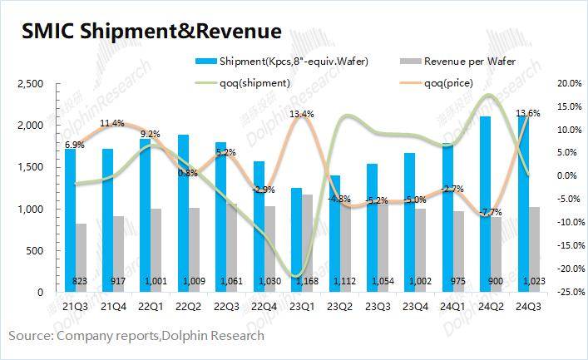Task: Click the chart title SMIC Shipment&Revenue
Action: (151, 32)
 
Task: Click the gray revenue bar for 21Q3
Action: (82, 258)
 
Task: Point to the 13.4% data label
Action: (301, 114)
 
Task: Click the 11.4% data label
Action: (111, 123)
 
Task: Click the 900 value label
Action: (497, 281)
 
